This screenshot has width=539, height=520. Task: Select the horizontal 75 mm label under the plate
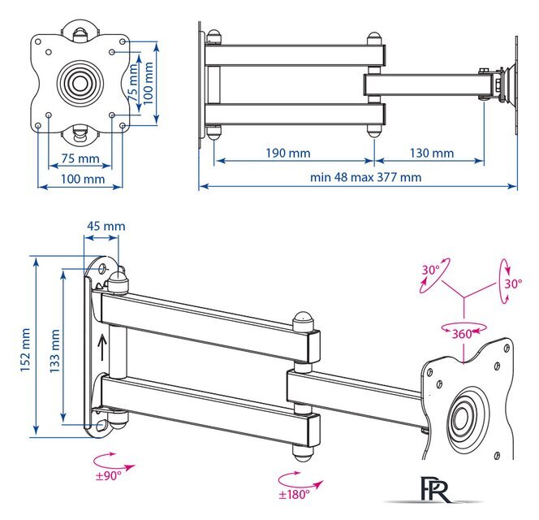coord(80,158)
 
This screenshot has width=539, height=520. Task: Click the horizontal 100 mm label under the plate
coord(80,178)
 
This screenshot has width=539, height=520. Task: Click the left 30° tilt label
coord(429,270)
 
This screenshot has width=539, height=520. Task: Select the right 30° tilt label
coord(513,284)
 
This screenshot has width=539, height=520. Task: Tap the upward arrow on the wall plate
coord(101,349)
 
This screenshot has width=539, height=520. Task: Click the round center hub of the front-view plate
coord(80,82)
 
